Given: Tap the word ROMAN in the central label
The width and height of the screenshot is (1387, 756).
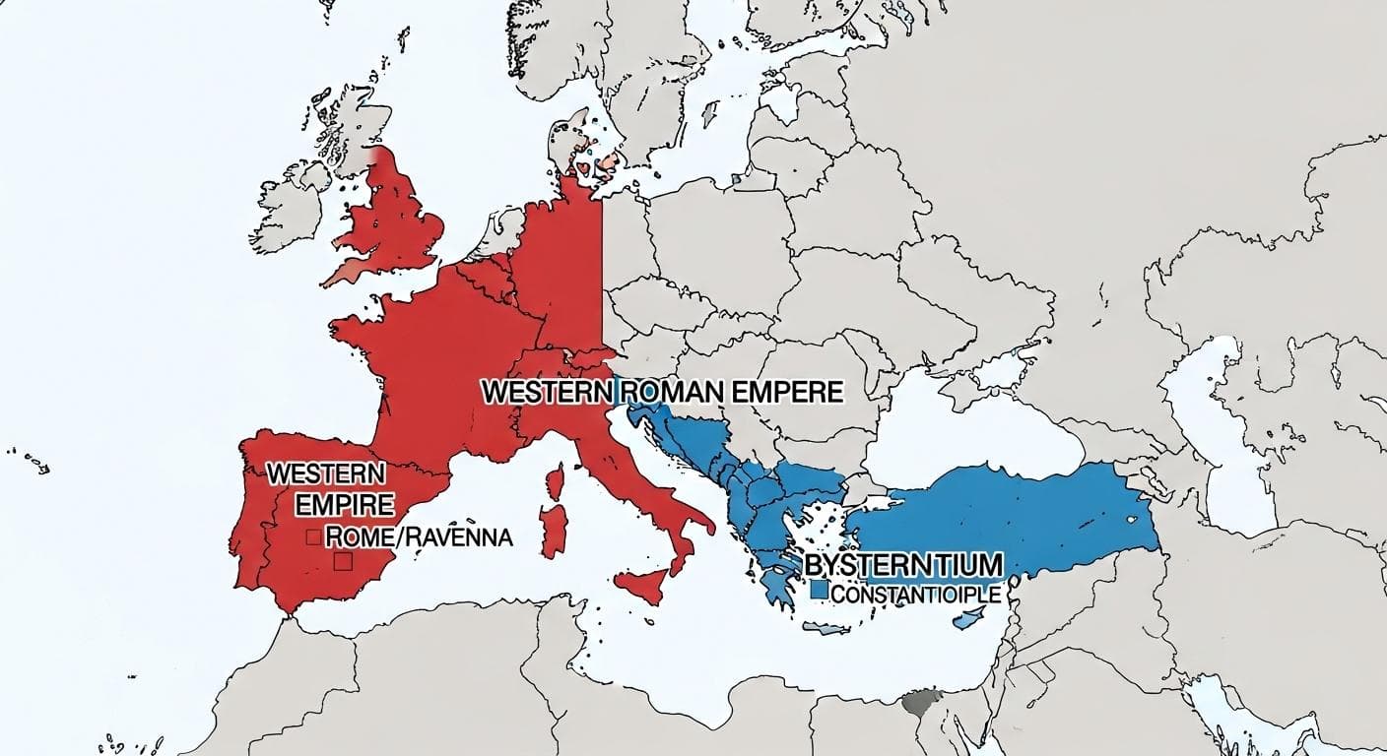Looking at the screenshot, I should coord(669,392).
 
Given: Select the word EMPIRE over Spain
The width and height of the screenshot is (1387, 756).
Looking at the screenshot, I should coord(345,505).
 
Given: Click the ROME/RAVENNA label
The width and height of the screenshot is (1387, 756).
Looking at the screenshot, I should coord(419,537).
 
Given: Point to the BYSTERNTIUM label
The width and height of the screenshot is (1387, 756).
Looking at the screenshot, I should coord(903,565).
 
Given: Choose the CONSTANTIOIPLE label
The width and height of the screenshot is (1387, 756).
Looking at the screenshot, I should coord(915,595).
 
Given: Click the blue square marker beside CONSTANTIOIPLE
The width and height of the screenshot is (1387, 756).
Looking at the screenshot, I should coord(818,592).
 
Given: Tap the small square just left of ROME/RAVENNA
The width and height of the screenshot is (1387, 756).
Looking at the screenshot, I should coord(312,536).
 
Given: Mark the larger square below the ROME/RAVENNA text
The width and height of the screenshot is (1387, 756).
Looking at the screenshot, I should coord(344,561).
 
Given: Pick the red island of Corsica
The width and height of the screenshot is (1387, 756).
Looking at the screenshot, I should coord(556,483).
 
